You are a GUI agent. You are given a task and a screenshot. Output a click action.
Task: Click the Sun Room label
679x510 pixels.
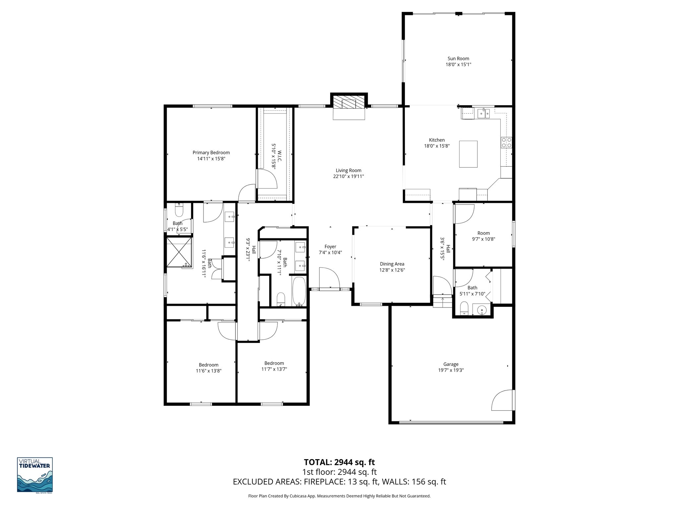(458, 59)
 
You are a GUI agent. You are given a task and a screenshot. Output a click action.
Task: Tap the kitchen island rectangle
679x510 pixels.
(468, 154)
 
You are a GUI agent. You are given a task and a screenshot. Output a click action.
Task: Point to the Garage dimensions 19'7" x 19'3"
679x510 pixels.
(451, 370)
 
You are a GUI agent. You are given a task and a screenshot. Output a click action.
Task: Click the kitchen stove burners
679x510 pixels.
(506, 142)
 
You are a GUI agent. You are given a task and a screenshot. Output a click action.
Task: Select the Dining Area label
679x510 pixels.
(392, 264)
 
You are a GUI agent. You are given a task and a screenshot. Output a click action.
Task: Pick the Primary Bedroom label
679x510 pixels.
(211, 153)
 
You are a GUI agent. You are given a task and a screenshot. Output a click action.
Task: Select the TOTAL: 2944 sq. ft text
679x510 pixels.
(339, 462)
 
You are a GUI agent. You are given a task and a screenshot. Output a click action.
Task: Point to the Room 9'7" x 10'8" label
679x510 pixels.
(483, 233)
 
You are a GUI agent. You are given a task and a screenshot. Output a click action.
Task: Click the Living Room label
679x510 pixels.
(348, 170)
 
